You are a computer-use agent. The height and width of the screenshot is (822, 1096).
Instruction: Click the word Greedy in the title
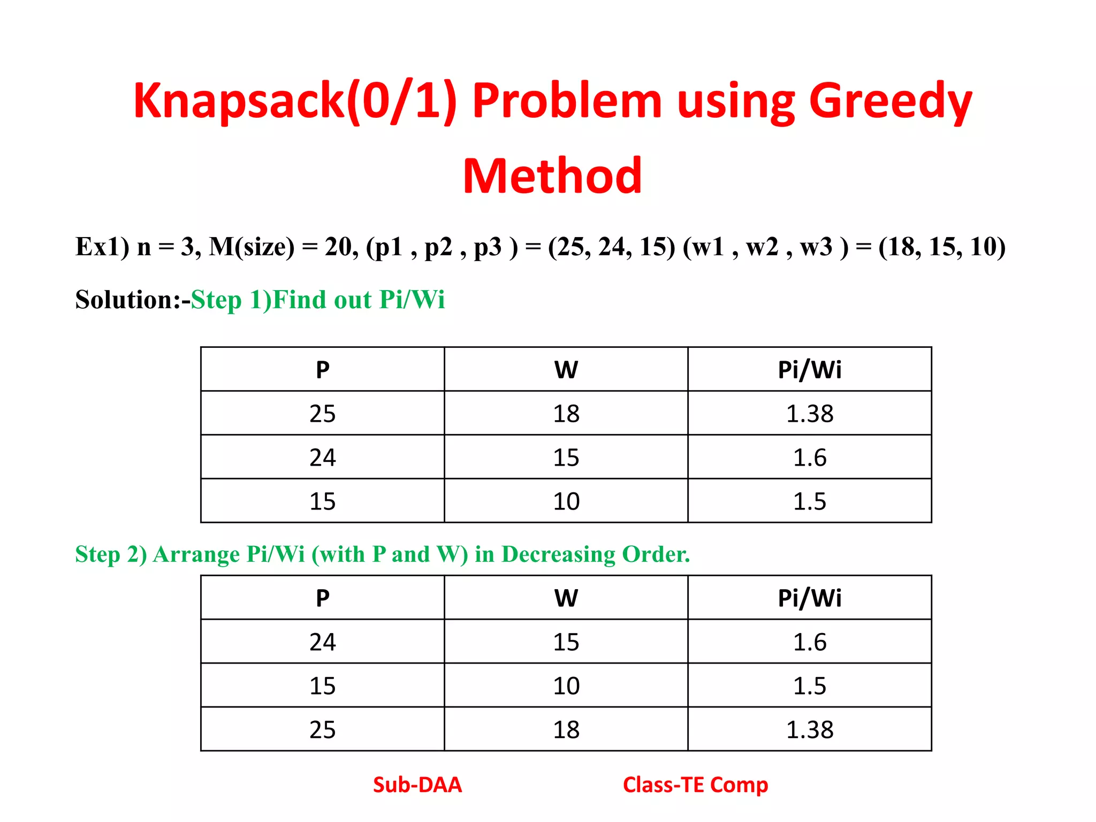tap(890, 102)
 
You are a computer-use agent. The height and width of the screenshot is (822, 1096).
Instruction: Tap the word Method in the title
tap(552, 176)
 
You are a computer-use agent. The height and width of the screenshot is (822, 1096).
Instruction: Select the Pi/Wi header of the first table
tap(809, 370)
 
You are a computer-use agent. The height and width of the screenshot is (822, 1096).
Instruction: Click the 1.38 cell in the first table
tap(809, 414)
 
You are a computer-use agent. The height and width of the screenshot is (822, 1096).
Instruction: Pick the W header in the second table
tap(566, 598)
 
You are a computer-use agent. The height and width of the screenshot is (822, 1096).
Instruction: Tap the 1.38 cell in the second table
tap(809, 730)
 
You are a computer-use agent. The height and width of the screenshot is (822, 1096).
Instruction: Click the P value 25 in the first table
tap(322, 414)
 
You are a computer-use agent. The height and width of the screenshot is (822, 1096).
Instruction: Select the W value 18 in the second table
tap(566, 730)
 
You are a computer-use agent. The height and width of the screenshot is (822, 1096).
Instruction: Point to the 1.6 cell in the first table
tap(809, 458)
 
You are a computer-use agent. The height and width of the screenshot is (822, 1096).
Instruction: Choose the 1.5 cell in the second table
tap(809, 686)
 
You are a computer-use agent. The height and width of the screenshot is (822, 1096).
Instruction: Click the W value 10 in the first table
tap(566, 501)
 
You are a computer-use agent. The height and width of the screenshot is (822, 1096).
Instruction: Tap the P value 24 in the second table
tap(322, 642)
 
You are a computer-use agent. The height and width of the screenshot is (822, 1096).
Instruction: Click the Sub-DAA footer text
tap(417, 785)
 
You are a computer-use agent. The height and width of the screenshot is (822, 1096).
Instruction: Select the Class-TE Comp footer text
tap(695, 785)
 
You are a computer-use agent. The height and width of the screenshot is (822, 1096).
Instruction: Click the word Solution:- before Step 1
tap(133, 300)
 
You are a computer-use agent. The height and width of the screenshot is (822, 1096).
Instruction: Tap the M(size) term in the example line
tap(252, 247)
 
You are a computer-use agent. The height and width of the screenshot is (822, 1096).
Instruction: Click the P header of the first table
tap(322, 370)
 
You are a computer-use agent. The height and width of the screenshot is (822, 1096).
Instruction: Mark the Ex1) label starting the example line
tap(102, 247)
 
